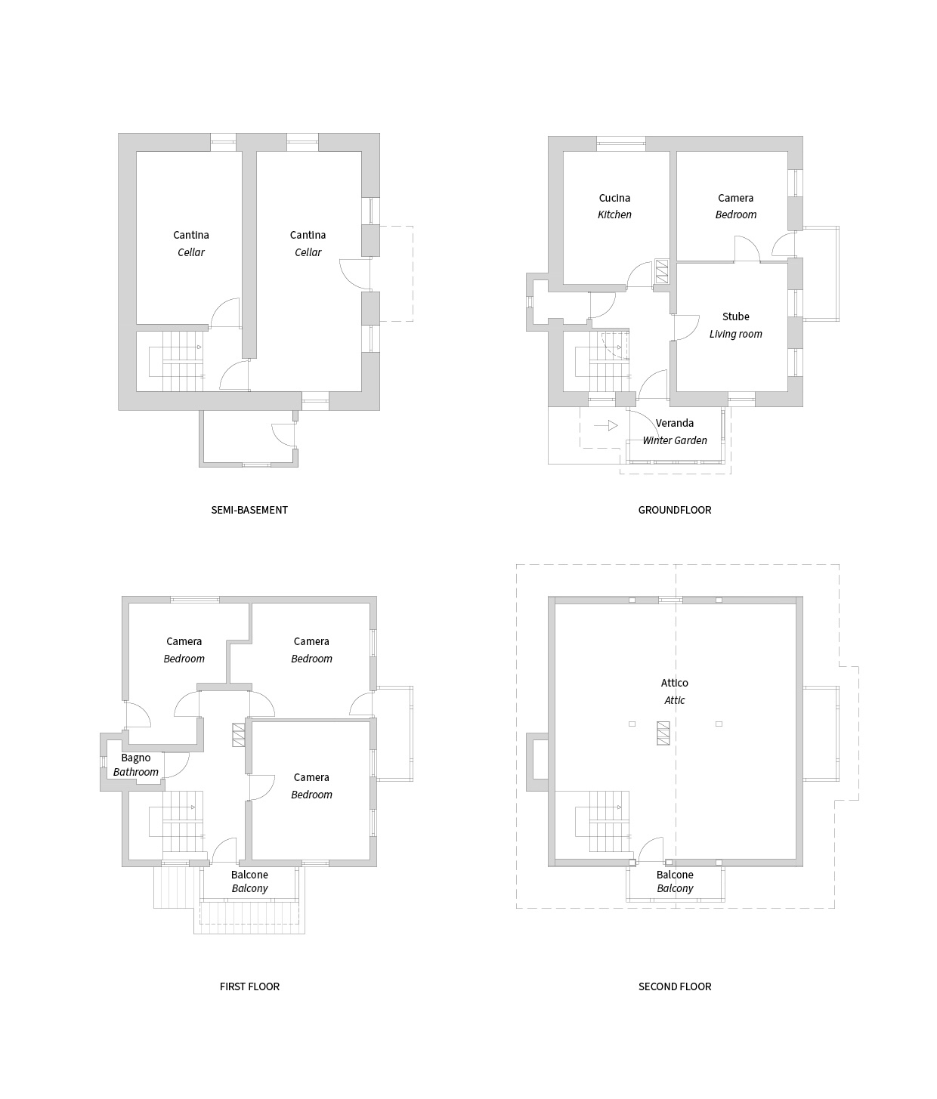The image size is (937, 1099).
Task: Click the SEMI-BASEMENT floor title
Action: pyautogui.click(x=249, y=510)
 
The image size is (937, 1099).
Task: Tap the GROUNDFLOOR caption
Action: pyautogui.click(x=674, y=510)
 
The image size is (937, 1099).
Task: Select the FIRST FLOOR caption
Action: pyautogui.click(x=249, y=986)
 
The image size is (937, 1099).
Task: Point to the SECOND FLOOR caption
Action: pyautogui.click(x=675, y=986)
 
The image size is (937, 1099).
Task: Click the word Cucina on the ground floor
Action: pyautogui.click(x=614, y=198)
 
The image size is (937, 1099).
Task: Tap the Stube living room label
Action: pyautogui.click(x=735, y=316)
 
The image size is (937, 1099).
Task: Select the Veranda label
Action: pyautogui.click(x=674, y=423)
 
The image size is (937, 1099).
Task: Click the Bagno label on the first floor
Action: pyautogui.click(x=135, y=758)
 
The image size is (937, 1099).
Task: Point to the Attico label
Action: pyautogui.click(x=674, y=683)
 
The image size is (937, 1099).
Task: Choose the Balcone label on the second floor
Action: pyautogui.click(x=675, y=875)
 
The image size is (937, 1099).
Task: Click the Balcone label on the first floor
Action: pyautogui.click(x=249, y=875)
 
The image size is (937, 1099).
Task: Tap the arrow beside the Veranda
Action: pyautogui.click(x=606, y=425)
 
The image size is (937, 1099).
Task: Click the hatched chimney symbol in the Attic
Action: pyautogui.click(x=663, y=733)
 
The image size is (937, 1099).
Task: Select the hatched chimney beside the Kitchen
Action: pyautogui.click(x=661, y=272)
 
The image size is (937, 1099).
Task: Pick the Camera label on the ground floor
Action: pyautogui.click(x=735, y=198)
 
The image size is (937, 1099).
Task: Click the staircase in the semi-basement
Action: pyautogui.click(x=177, y=362)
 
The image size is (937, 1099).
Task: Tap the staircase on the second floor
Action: pyautogui.click(x=603, y=822)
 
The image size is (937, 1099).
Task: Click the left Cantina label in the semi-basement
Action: pyautogui.click(x=191, y=235)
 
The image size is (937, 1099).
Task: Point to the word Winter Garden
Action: pyautogui.click(x=674, y=440)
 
